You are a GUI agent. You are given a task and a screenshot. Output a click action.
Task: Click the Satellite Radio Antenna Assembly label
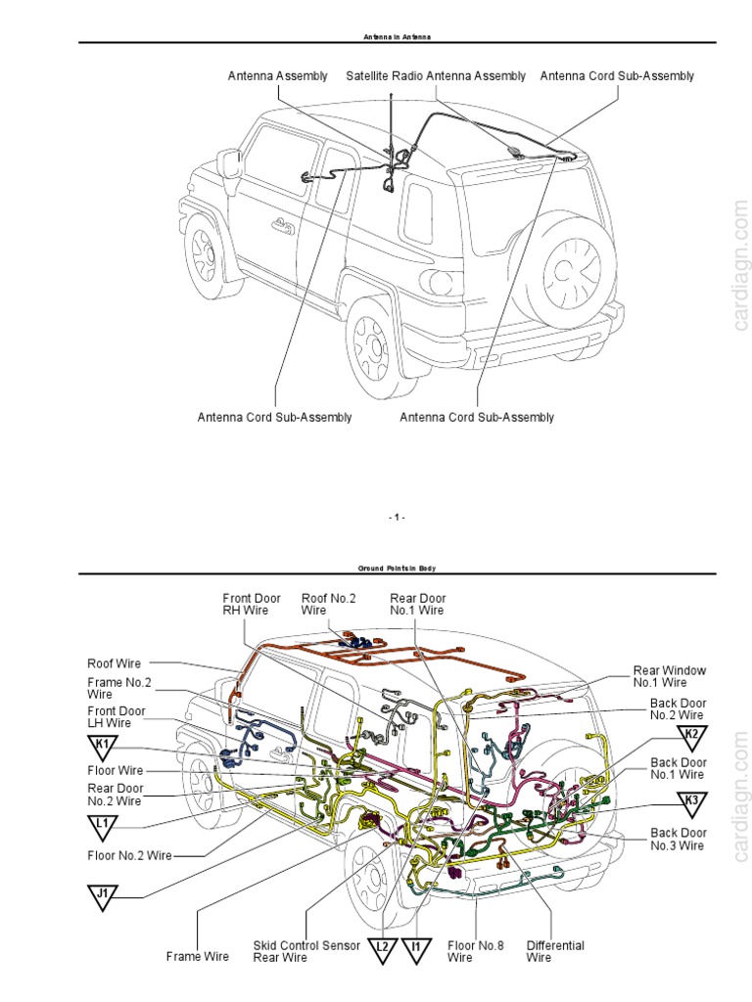(436, 76)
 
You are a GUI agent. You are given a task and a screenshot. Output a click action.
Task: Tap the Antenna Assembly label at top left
(278, 76)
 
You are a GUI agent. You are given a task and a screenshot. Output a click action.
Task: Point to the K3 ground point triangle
(691, 802)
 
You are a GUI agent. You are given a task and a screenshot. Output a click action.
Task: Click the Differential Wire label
(555, 951)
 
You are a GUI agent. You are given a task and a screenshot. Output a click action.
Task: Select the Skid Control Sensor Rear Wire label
(306, 951)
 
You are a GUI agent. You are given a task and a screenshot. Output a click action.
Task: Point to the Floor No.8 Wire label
(475, 951)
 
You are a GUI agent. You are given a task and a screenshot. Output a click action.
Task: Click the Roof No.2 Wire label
(327, 604)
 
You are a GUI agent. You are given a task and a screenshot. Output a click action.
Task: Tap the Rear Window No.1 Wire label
(669, 676)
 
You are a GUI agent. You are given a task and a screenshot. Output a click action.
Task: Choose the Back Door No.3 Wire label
(678, 839)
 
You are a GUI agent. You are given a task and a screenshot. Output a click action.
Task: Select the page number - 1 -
(397, 517)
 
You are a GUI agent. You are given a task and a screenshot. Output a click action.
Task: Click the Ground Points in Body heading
(397, 569)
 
